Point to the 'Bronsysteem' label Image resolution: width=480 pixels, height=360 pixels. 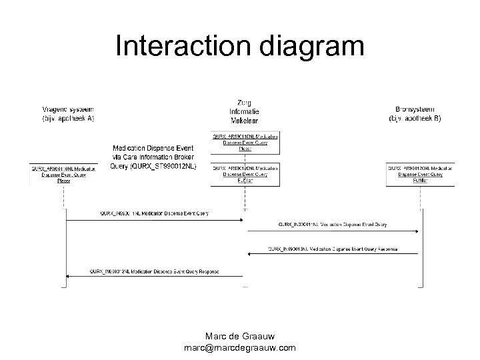[x=415, y=109]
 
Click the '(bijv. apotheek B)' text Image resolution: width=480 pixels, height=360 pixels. [x=415, y=119]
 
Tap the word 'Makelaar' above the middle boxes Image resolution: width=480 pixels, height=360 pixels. [x=245, y=122]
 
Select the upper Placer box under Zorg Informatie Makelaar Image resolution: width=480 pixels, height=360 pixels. [x=245, y=141]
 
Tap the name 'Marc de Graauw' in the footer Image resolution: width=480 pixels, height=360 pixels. [x=240, y=336]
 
